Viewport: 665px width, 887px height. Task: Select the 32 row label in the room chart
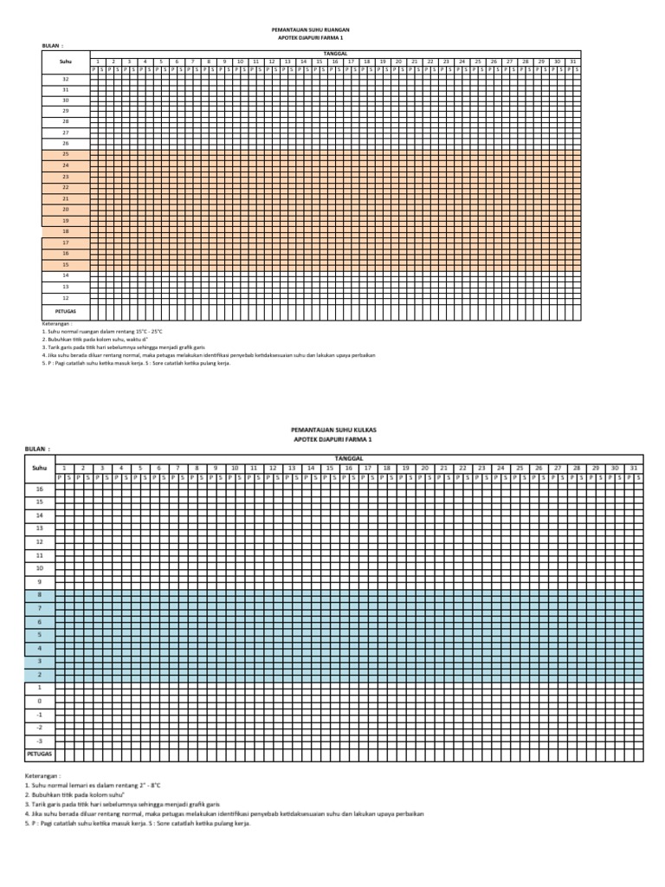[x=65, y=79]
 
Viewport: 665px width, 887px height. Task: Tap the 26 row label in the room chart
[x=65, y=143]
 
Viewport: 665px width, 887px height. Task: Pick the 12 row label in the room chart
[x=65, y=296]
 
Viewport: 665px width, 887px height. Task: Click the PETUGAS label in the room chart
[x=66, y=308]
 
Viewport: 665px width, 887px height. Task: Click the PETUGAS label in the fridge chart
[x=38, y=754]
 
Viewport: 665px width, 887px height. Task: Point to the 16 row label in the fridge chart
[x=38, y=489]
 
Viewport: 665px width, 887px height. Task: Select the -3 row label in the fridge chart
[x=38, y=741]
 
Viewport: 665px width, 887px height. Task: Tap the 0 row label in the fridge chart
[x=38, y=701]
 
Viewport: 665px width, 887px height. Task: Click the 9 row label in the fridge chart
[x=38, y=581]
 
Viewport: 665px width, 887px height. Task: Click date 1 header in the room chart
[x=98, y=62]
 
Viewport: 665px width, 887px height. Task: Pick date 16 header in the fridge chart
[x=348, y=468]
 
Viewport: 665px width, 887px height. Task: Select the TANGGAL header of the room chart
[x=334, y=54]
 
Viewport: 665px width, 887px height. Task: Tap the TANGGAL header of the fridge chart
[x=349, y=458]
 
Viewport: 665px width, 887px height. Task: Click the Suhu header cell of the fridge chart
[x=38, y=468]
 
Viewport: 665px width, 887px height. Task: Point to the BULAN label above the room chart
[x=52, y=45]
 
